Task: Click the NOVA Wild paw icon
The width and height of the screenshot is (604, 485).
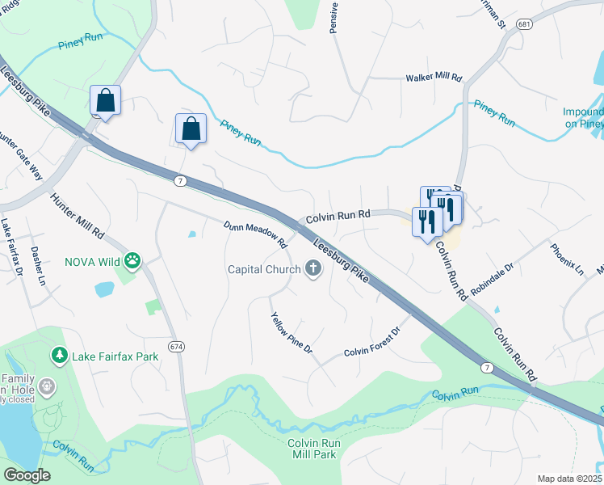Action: [x=132, y=261]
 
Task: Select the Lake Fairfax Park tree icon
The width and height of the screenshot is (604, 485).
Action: [x=59, y=355]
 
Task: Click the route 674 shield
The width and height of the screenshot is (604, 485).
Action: [x=177, y=346]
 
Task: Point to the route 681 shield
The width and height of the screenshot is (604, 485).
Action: [x=526, y=25]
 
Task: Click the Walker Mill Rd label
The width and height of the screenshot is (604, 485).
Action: [x=433, y=78]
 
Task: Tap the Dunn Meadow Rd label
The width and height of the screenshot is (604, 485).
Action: [x=256, y=234]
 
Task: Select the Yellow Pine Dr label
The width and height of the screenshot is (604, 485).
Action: [x=292, y=332]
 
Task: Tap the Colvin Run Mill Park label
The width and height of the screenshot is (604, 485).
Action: [x=315, y=449]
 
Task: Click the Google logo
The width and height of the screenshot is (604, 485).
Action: [x=26, y=474]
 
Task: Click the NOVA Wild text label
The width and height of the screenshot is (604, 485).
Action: [x=92, y=261]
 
